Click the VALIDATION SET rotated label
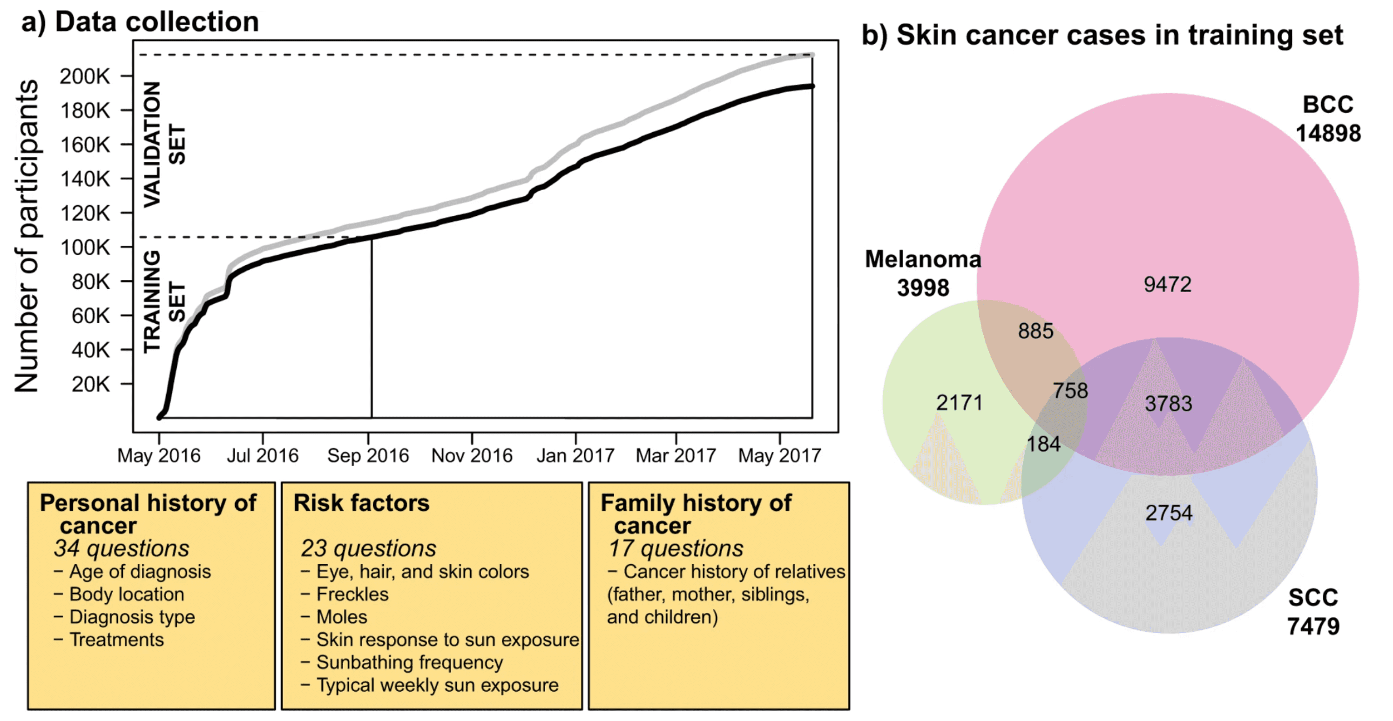point(164,144)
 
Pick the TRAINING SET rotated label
point(164,301)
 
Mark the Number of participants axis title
point(27,236)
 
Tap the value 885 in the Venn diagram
point(1035,331)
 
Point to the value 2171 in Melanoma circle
point(959,403)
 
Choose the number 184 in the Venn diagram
point(1043,444)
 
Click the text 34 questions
point(122,548)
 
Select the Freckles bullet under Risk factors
point(352,594)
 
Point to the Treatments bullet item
point(116,640)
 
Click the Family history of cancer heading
point(696,514)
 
